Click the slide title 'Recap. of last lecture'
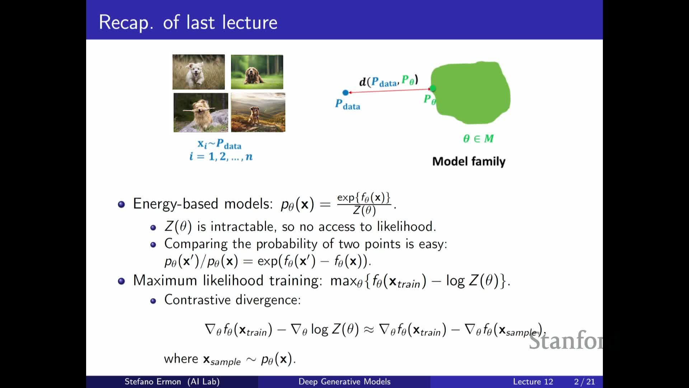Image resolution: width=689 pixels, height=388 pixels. click(188, 22)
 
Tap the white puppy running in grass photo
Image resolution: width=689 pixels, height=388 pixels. click(198, 72)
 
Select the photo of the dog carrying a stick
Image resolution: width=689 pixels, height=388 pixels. click(201, 112)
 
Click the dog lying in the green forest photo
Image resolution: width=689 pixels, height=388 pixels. click(257, 72)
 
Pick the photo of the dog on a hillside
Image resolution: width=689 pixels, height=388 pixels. click(258, 112)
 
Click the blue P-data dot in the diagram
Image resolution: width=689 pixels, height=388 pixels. click(346, 93)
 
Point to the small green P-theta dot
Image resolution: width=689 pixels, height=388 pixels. click(433, 88)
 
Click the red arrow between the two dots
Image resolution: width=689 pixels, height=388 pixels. click(389, 91)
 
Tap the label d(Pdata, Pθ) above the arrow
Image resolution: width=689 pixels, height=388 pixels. click(389, 81)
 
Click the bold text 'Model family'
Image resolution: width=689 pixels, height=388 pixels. click(469, 161)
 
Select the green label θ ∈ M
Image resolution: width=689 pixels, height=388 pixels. click(478, 138)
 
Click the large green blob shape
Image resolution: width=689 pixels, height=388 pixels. click(470, 93)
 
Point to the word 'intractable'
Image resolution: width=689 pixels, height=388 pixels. click(243, 227)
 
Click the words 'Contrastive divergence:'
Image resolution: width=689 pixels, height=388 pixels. click(233, 300)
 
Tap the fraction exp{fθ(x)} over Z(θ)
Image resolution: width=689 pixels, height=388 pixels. click(364, 204)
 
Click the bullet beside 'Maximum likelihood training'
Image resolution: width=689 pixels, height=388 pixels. click(121, 281)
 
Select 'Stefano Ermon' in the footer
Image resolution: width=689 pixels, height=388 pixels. click(153, 382)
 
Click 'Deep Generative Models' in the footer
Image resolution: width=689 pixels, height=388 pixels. click(344, 382)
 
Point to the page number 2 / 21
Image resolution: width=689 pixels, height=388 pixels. click(584, 382)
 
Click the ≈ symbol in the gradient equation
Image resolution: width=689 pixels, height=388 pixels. click(369, 329)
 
